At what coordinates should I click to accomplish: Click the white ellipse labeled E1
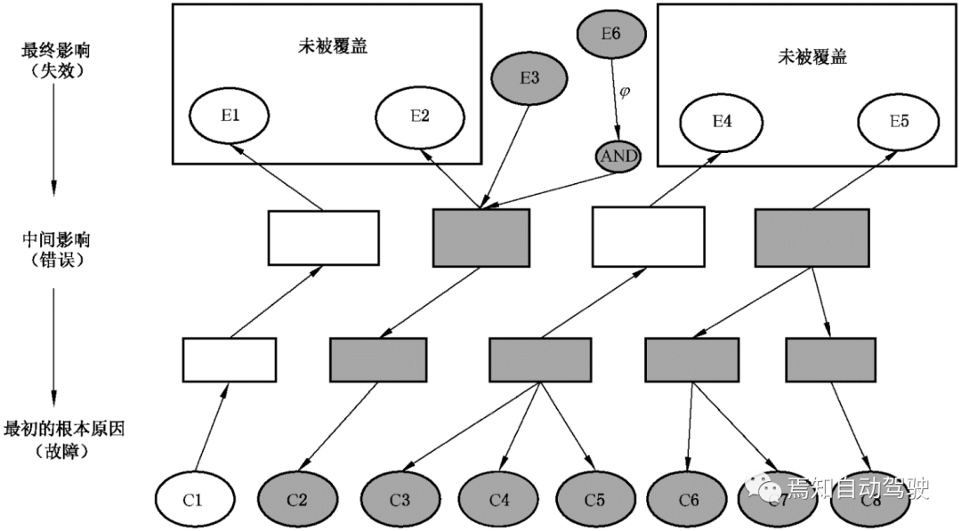click(230, 117)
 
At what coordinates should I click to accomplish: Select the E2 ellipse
click(421, 117)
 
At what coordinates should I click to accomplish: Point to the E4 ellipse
click(723, 122)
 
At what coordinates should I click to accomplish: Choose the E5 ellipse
click(899, 122)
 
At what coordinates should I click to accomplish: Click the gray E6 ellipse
click(610, 34)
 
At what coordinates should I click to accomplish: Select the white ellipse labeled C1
click(194, 499)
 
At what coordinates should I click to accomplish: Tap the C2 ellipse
click(297, 499)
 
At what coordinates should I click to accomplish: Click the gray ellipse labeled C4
click(499, 499)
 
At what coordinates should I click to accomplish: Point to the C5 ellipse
click(595, 499)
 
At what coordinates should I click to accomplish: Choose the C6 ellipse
click(689, 499)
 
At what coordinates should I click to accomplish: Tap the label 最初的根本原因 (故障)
click(63, 439)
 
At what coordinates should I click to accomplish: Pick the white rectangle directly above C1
click(230, 360)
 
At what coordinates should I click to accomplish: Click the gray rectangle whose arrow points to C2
click(379, 360)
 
